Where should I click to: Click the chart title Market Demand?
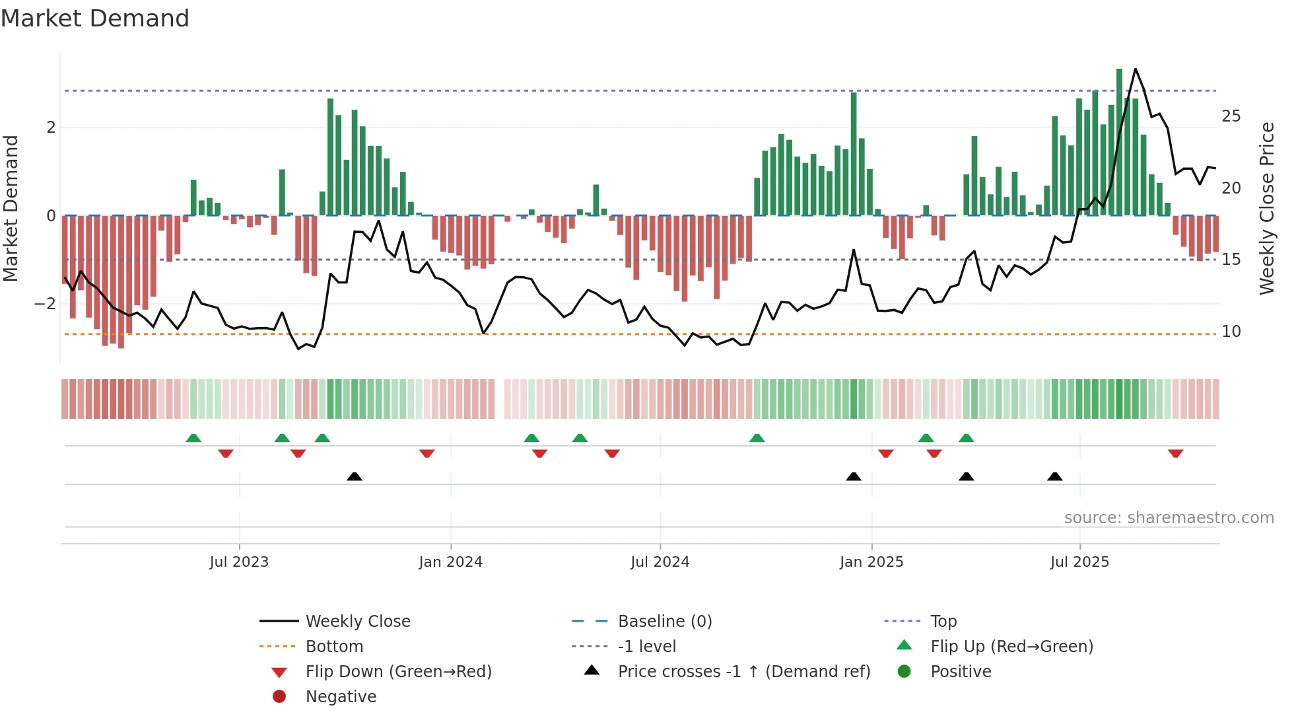[95, 18]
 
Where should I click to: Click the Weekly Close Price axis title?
[1266, 208]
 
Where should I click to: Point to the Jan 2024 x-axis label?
[450, 562]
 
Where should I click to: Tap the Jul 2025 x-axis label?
[1079, 562]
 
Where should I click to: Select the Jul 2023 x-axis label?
[239, 562]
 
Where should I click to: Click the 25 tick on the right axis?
[1231, 116]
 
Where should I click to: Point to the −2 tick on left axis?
[45, 304]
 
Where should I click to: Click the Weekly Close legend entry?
[357, 622]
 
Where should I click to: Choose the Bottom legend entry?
[334, 647]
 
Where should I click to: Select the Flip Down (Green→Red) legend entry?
[398, 672]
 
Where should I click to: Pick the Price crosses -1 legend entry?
[743, 672]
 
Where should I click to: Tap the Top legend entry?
[943, 622]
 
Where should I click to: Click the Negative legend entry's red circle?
[279, 697]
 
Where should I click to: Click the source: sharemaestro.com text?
[1169, 518]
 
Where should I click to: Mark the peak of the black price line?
[1135, 69]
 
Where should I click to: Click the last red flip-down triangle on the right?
[1175, 453]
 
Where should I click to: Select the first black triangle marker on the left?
[355, 476]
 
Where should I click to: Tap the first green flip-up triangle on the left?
[193, 438]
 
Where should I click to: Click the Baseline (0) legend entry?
[664, 622]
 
